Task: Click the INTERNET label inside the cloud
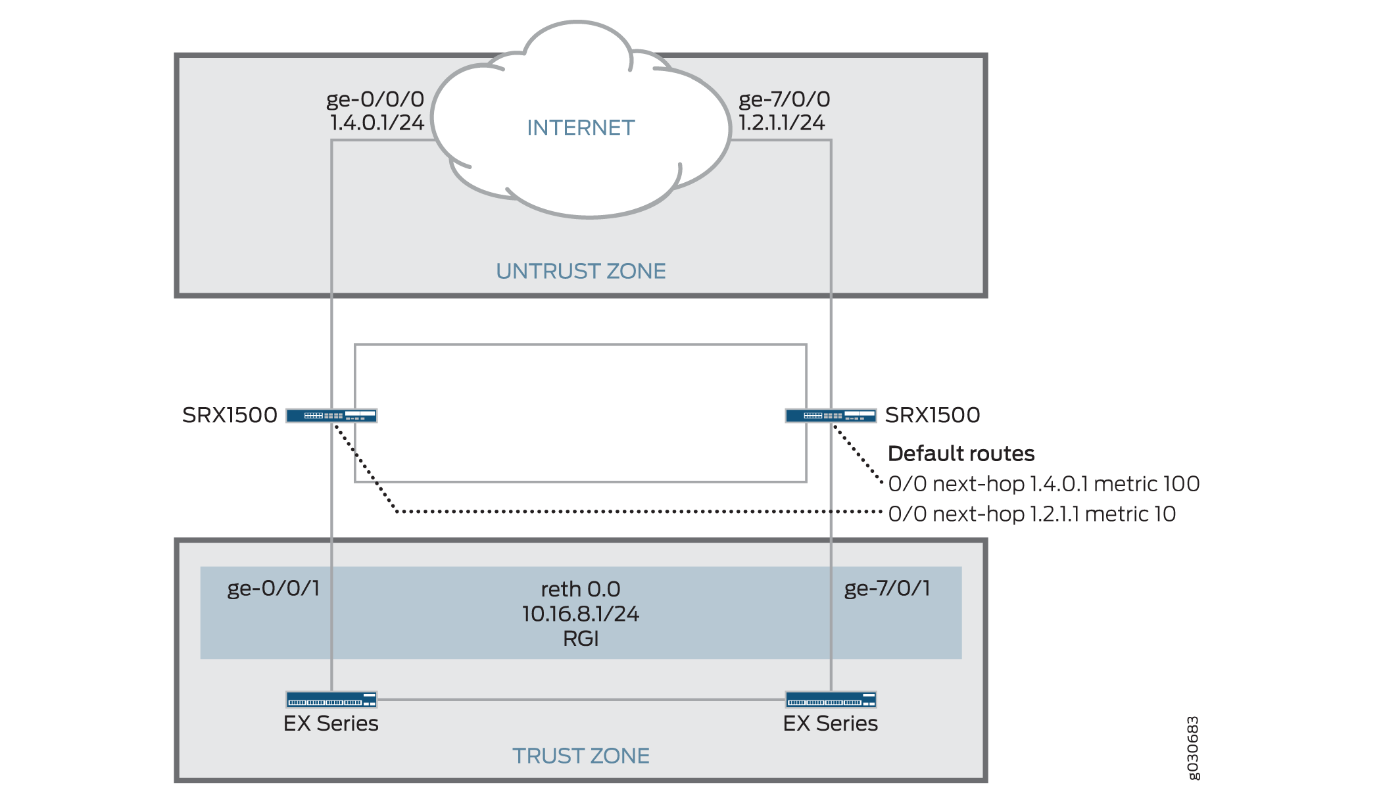[581, 128]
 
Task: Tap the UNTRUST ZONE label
[581, 271]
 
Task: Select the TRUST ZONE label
[581, 756]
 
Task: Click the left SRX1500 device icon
[331, 416]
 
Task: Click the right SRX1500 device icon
[831, 416]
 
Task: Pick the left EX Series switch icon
[331, 699]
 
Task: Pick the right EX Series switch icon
[831, 699]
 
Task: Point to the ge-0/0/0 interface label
[376, 99]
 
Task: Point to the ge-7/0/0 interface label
[784, 99]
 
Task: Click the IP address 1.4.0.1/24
[377, 123]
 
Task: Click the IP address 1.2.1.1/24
[781, 123]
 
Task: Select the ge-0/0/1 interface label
[274, 588]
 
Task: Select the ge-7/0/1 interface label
[887, 588]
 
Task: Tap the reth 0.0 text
[581, 589]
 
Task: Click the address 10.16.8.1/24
[581, 614]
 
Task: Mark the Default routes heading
[961, 454]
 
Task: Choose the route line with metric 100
[1044, 484]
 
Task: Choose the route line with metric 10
[1032, 514]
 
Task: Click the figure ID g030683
[1193, 748]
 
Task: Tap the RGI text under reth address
[581, 639]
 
